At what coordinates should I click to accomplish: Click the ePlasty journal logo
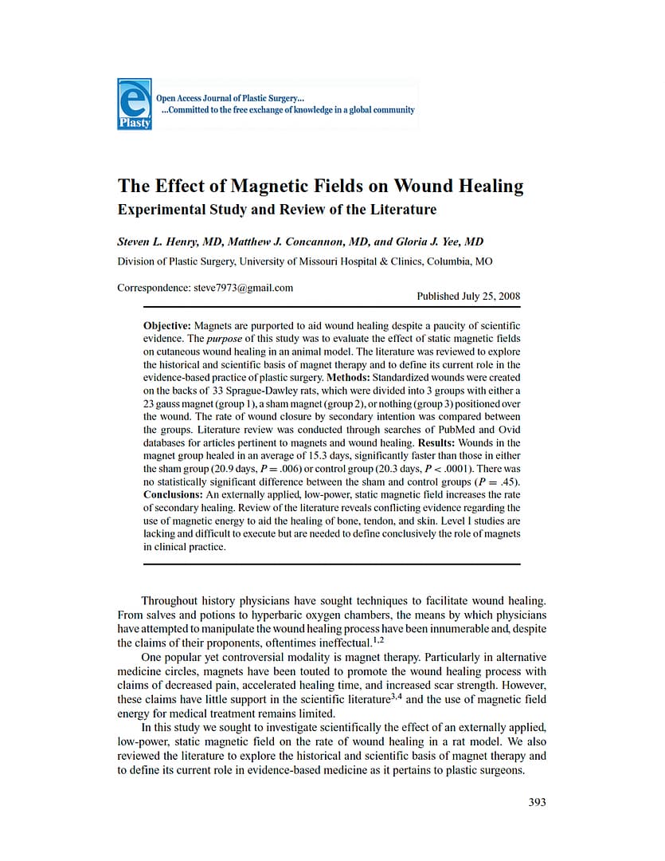(x=134, y=104)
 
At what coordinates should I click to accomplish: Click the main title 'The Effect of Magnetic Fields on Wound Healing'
(x=320, y=187)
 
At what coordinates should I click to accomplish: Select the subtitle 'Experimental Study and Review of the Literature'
(x=276, y=210)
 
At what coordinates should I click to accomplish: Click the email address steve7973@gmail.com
(x=243, y=288)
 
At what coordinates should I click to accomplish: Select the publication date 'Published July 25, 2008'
(x=468, y=296)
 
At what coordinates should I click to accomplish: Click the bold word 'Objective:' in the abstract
(x=167, y=326)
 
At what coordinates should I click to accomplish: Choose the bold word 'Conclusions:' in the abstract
(x=173, y=495)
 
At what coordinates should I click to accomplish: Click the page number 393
(x=538, y=802)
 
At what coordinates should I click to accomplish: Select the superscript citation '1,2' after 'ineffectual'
(x=381, y=639)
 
